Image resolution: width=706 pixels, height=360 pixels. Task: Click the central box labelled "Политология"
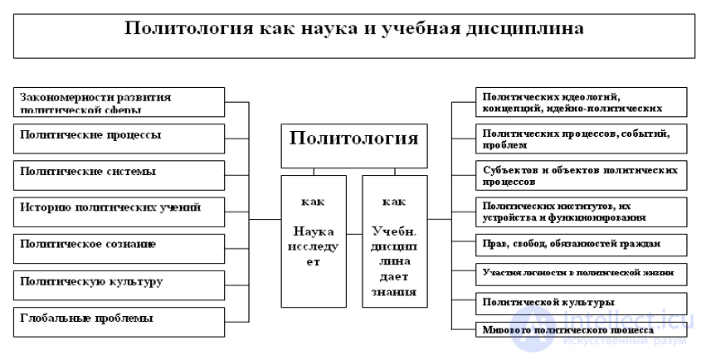pyautogui.click(x=353, y=138)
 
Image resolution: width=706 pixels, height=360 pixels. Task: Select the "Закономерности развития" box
pyautogui.click(x=119, y=102)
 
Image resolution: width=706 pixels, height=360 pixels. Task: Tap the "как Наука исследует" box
pyautogui.click(x=313, y=241)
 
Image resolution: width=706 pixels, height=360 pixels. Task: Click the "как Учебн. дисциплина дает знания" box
pyautogui.click(x=395, y=241)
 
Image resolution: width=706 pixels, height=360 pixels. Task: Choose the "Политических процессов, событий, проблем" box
pyautogui.click(x=582, y=138)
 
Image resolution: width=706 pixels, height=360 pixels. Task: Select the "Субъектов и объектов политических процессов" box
pyautogui.click(x=582, y=174)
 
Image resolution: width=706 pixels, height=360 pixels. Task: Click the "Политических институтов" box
pyautogui.click(x=582, y=211)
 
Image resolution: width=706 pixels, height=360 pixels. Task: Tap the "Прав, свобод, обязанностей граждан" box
pyautogui.click(x=582, y=246)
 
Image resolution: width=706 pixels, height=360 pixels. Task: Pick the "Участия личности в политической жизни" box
pyautogui.click(x=582, y=272)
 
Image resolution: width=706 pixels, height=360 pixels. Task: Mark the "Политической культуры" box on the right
pyautogui.click(x=582, y=303)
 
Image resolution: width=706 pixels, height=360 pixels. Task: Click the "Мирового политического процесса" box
pyautogui.click(x=582, y=328)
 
